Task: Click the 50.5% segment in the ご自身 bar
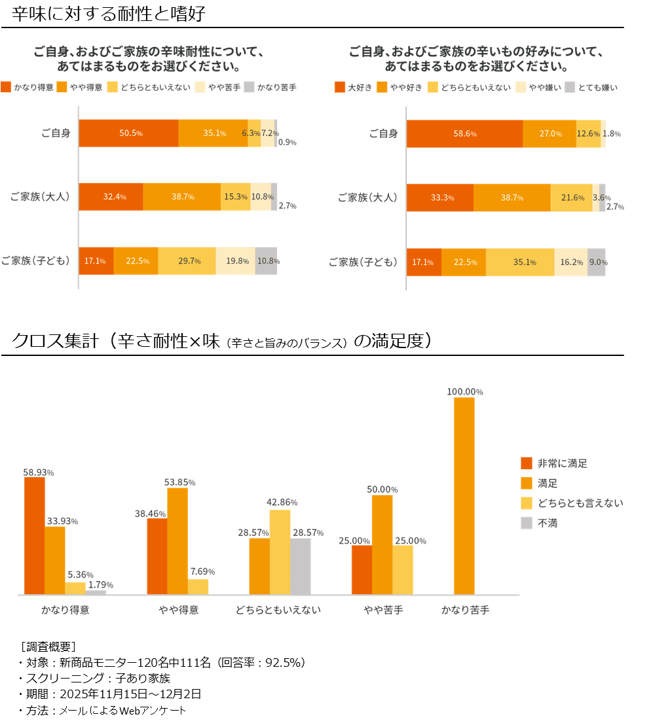(129, 133)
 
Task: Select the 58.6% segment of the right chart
(464, 133)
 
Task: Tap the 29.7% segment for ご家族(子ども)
(187, 261)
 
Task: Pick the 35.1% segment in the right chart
(520, 262)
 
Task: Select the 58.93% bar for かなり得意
(34, 535)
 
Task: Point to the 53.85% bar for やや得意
(177, 540)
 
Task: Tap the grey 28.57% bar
(301, 566)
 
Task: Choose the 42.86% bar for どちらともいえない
(280, 552)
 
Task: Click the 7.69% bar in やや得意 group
(198, 586)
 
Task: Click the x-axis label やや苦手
(383, 610)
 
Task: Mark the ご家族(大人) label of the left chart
(39, 196)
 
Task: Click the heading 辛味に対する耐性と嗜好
(109, 14)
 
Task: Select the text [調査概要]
(48, 646)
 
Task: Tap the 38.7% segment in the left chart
(181, 197)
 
